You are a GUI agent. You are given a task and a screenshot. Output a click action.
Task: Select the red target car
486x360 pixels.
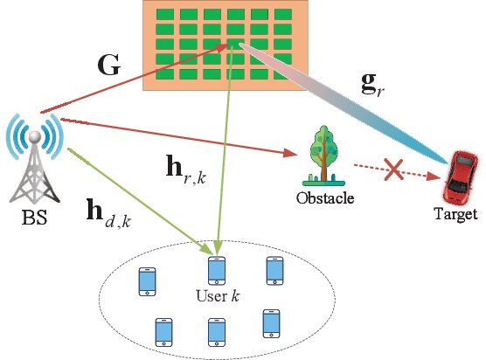[460, 177]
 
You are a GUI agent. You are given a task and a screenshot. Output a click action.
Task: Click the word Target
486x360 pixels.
[455, 214]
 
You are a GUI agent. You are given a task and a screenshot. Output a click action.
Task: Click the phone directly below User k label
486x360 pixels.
[216, 332]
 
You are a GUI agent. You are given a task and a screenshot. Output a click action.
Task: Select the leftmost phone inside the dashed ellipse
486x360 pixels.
[147, 281]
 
